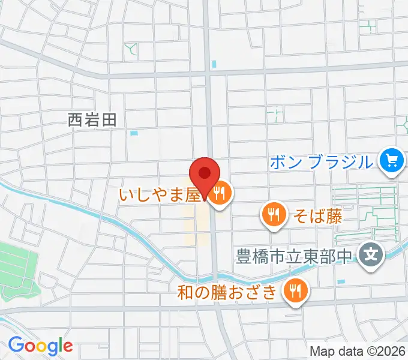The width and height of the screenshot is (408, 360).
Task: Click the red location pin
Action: pos(205,175)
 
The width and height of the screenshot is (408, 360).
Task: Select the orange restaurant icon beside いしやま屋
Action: pos(220,193)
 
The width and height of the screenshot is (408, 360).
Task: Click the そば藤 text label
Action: pos(317,217)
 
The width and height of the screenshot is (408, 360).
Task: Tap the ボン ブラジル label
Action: pos(322,161)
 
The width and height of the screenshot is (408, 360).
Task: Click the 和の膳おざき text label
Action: pos(228,292)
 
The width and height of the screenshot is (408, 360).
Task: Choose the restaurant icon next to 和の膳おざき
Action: pos(295,291)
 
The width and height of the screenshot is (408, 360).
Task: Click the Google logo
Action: pos(41,345)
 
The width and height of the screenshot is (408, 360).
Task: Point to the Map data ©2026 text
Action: pos(358,351)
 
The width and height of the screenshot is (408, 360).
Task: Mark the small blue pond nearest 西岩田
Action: pos(133,133)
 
